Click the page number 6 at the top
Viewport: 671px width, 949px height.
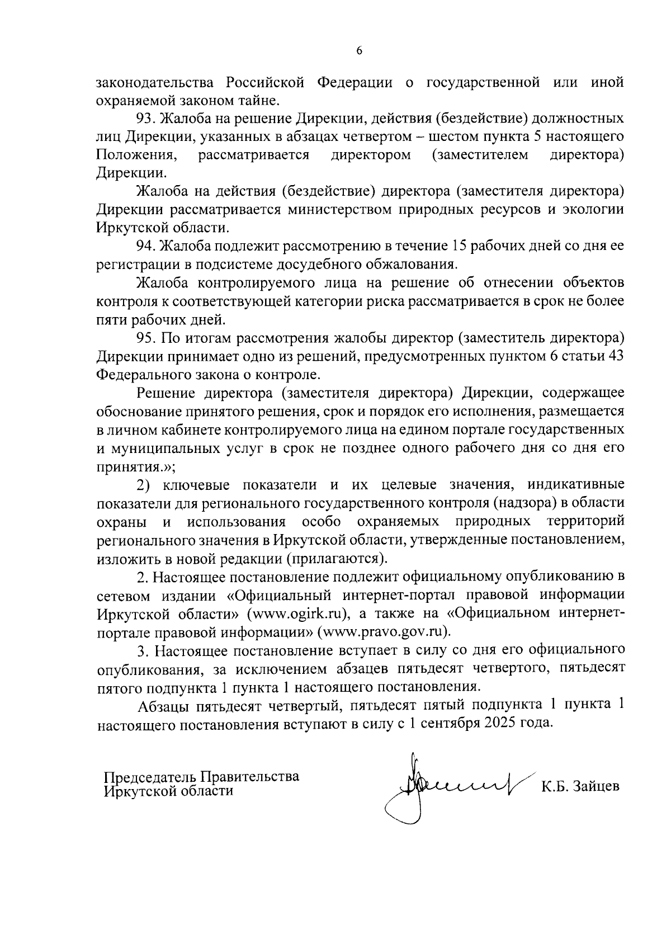coord(359,50)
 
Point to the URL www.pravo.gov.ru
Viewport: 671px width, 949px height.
coord(384,632)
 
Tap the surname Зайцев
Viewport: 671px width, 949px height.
coord(596,787)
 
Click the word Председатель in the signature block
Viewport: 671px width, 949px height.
coord(149,777)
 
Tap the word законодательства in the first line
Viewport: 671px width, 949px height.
coord(157,83)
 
